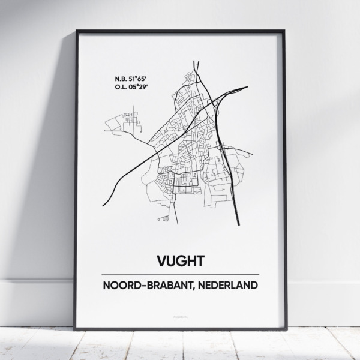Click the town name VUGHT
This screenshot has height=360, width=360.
pyautogui.click(x=180, y=261)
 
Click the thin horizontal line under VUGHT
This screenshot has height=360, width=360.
pyautogui.click(x=180, y=274)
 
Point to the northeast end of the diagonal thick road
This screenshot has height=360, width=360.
pyautogui.click(x=247, y=88)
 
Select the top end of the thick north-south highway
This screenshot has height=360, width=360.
pyautogui.click(x=195, y=62)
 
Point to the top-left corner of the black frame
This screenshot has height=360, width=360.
pyautogui.click(x=76, y=29)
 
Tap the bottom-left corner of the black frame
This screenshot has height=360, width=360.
pyautogui.click(x=76, y=329)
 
